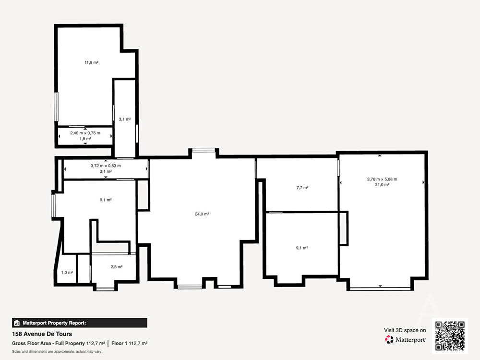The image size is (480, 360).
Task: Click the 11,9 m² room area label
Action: [91, 62]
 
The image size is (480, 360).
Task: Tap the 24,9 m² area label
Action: [202, 214]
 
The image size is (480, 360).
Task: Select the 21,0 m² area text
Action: [382, 185]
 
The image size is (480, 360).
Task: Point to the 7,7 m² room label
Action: [302, 187]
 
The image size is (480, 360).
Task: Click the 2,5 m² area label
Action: [117, 267]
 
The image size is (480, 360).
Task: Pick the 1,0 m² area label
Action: [67, 273]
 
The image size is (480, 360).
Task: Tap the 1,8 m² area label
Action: [85, 139]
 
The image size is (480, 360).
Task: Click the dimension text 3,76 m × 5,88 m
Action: [382, 179]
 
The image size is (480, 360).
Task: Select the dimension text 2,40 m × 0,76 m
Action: [85, 133]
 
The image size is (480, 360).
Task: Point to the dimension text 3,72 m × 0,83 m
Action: [106, 166]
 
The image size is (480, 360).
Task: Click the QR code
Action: [450, 336]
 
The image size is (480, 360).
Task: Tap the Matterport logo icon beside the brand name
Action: [389, 339]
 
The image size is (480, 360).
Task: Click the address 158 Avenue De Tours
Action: [42, 334]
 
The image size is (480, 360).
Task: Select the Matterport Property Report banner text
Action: [55, 323]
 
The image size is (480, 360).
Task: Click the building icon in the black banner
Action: [17, 323]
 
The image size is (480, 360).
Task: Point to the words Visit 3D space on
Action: [405, 330]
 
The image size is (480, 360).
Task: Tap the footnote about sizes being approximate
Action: [57, 351]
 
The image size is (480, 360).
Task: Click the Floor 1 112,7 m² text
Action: [129, 344]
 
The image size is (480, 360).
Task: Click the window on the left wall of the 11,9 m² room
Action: [56, 107]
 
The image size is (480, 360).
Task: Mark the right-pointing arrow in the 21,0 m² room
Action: [423, 182]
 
